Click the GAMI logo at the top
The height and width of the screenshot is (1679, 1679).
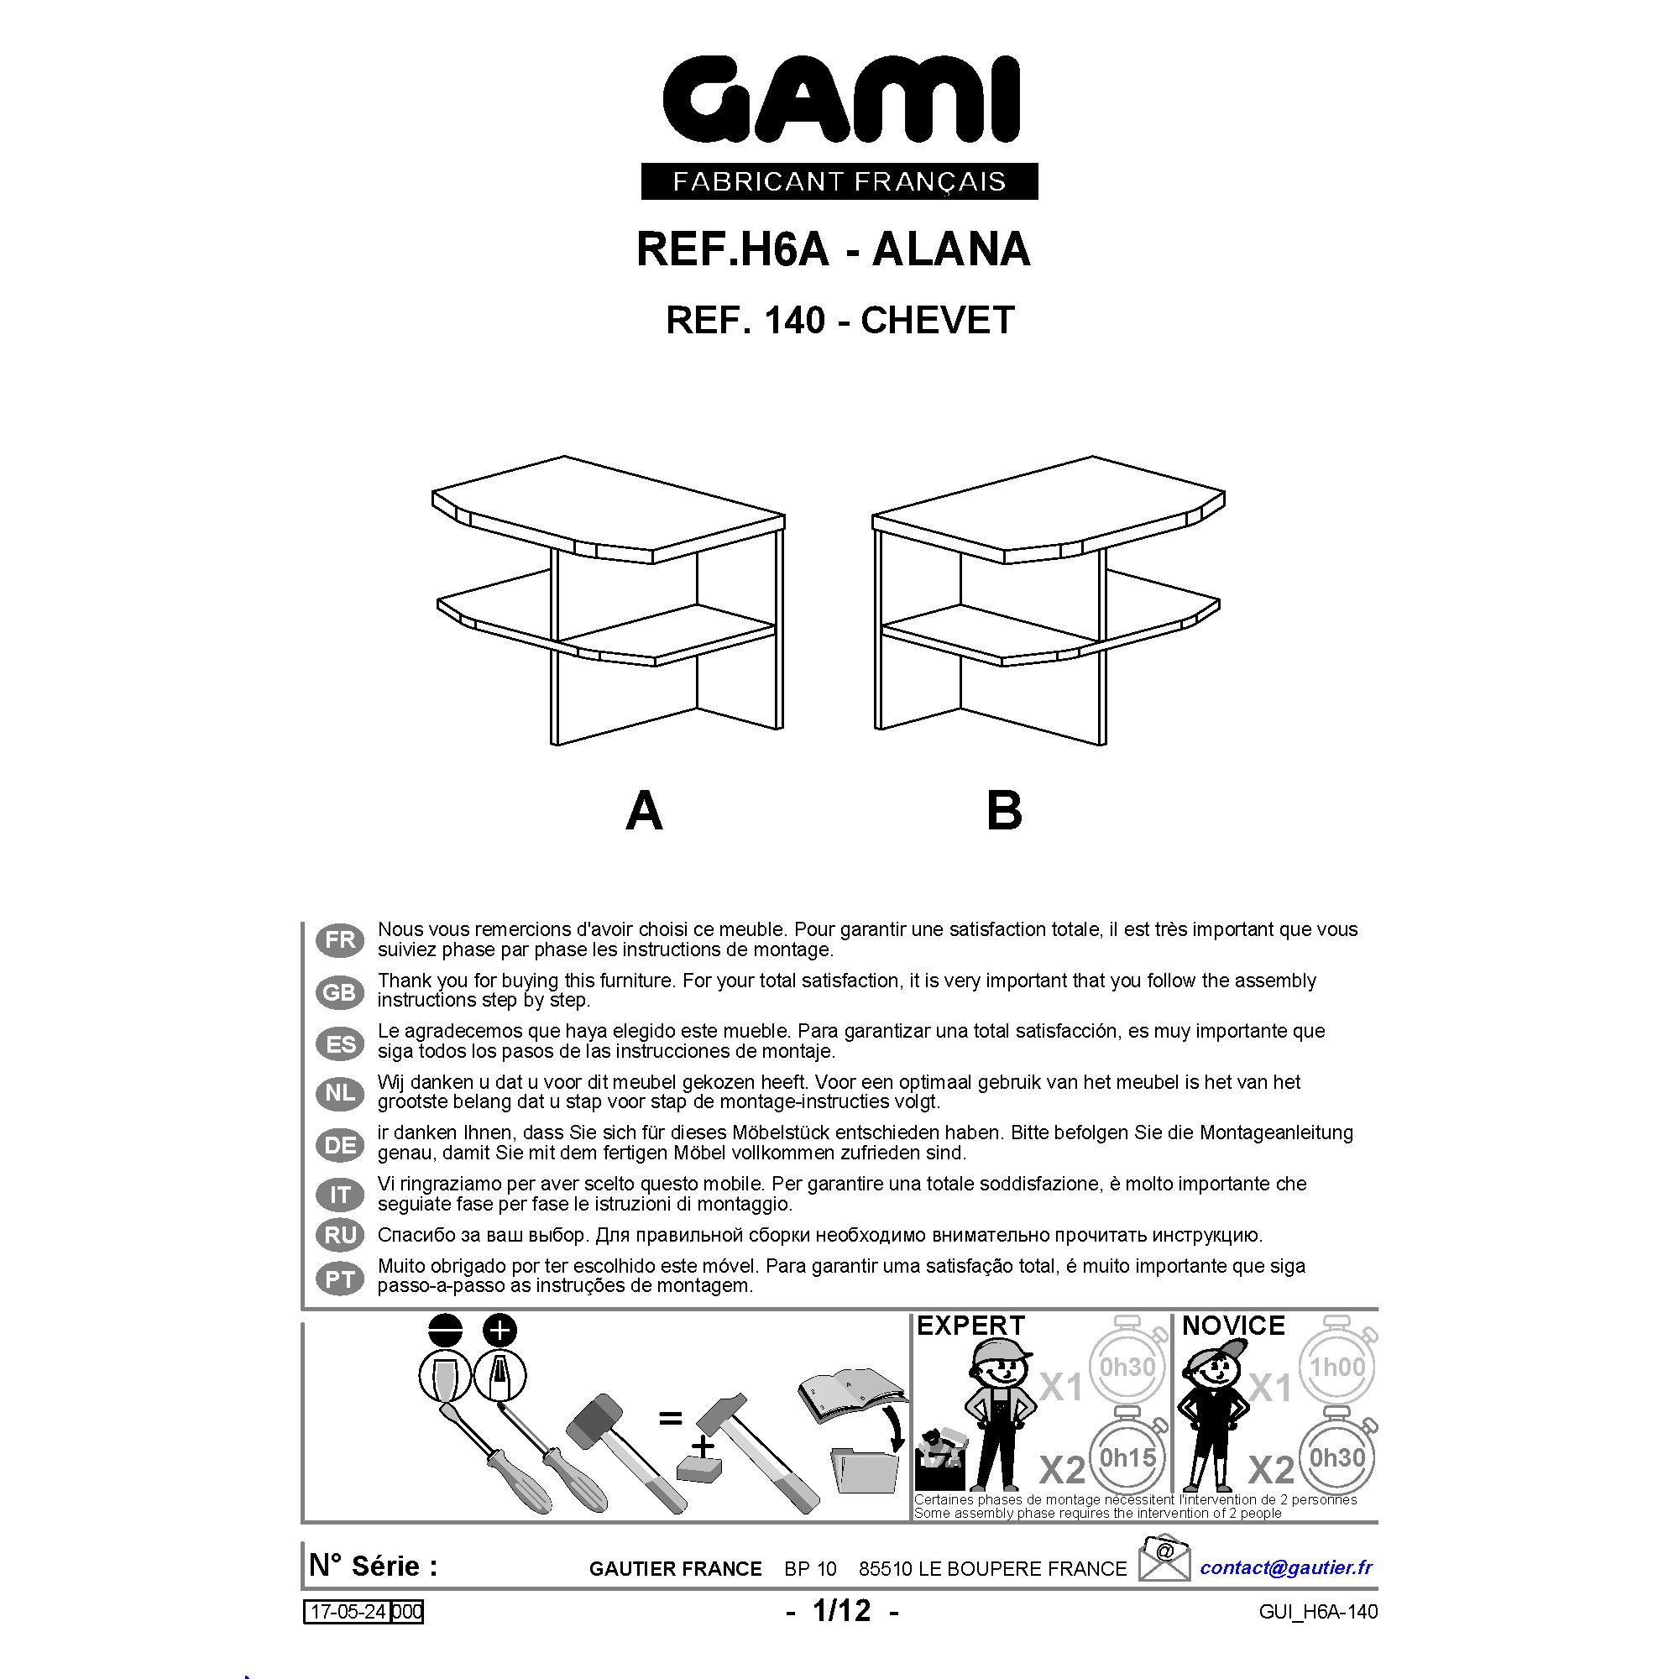[840, 100]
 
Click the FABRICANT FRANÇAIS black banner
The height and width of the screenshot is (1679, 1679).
[839, 180]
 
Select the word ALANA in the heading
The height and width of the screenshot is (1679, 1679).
[951, 249]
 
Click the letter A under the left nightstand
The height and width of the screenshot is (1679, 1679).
[644, 811]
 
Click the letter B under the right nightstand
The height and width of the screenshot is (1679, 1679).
[1005, 811]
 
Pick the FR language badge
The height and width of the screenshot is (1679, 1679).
[340, 940]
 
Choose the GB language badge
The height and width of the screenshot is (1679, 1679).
[340, 991]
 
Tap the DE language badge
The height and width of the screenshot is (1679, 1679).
[340, 1145]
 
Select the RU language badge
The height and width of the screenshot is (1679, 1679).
[340, 1235]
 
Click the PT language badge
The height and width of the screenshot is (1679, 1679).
[340, 1279]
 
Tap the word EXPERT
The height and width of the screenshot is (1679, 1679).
[970, 1326]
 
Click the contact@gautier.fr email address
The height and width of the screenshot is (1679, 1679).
[1286, 1567]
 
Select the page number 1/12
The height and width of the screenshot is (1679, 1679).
[841, 1610]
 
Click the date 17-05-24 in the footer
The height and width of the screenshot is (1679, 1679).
[348, 1612]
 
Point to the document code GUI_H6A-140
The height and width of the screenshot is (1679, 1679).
[1317, 1612]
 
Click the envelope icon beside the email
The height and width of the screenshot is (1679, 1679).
[1164, 1557]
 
